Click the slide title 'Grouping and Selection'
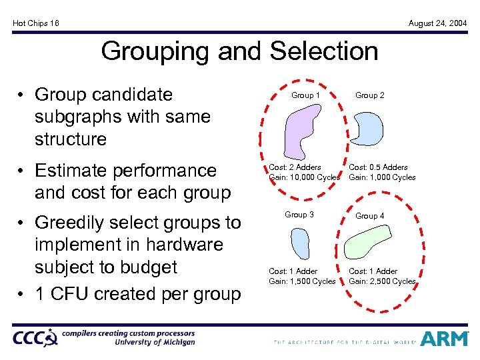[x=239, y=51]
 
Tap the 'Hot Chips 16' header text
[x=36, y=23]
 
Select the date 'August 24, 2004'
[x=437, y=23]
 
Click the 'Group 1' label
[x=306, y=95]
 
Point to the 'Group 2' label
[x=369, y=95]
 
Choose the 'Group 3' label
[x=299, y=215]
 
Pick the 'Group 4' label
[x=369, y=216]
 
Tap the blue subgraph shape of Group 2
[x=367, y=129]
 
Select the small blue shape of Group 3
[x=299, y=243]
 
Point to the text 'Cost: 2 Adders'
[x=295, y=167]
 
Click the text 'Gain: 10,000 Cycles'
[x=304, y=177]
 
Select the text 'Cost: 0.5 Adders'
[x=378, y=167]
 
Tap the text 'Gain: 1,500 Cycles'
[x=302, y=281]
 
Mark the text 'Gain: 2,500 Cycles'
[x=382, y=281]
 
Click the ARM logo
[x=445, y=339]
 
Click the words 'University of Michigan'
[x=155, y=342]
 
